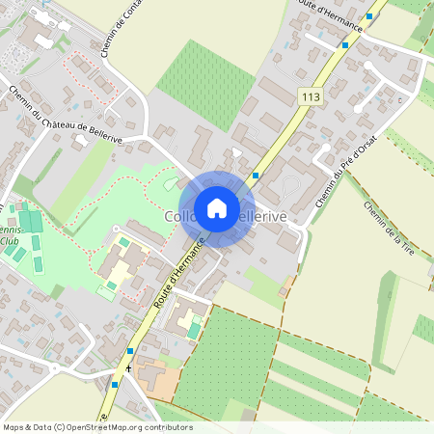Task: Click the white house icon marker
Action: (x=217, y=207)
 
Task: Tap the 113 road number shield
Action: (x=311, y=97)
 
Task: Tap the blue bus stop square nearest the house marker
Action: (x=255, y=176)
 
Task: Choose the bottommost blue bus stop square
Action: (x=114, y=384)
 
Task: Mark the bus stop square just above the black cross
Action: (x=129, y=351)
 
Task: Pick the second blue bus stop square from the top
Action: (x=344, y=44)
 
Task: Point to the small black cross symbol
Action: (x=128, y=367)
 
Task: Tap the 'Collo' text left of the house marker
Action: (x=179, y=216)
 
